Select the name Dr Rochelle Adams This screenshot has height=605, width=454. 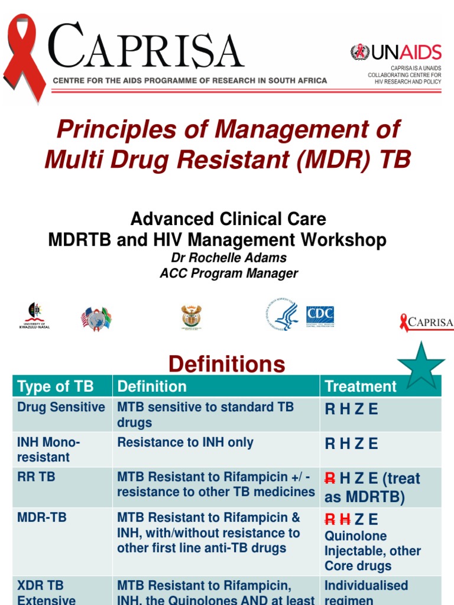[228, 258]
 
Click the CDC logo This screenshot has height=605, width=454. [320, 315]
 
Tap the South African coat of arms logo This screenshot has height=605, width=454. [192, 317]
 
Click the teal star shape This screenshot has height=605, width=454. [421, 365]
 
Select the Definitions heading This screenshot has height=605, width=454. [226, 364]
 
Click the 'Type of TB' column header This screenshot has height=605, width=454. [56, 386]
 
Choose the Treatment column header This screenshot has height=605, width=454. [361, 386]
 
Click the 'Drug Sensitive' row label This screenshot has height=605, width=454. [61, 407]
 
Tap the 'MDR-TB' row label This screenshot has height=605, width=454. [42, 518]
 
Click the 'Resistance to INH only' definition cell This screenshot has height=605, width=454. [185, 443]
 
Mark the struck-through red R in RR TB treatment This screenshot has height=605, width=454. [330, 479]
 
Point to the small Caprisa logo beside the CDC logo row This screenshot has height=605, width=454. [426, 323]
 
